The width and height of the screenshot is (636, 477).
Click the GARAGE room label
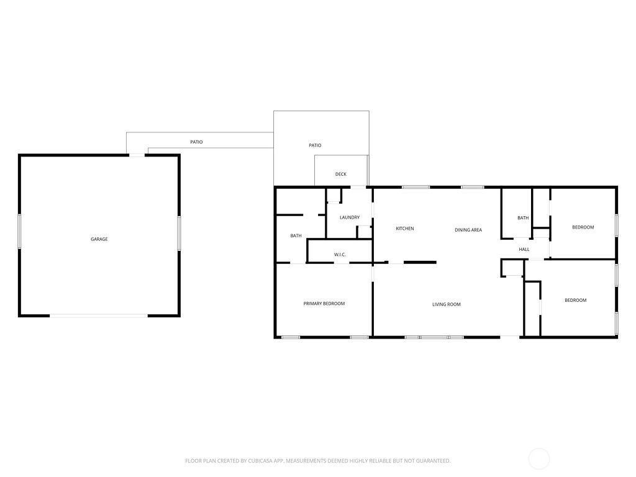(99, 239)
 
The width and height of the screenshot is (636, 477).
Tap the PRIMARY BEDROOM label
(324, 303)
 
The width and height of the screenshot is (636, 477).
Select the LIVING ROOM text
(446, 304)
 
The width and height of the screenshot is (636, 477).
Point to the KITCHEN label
(405, 229)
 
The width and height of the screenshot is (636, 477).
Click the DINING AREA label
(468, 230)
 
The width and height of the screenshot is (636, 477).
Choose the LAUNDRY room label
(350, 217)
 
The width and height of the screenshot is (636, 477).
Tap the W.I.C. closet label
(340, 255)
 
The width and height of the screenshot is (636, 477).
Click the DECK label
(341, 174)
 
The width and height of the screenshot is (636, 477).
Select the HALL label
(524, 250)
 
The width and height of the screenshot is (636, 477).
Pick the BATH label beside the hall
(523, 218)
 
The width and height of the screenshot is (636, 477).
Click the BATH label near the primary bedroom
(296, 235)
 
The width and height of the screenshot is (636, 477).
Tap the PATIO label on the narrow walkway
(196, 142)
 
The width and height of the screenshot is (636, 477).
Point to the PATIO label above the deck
(315, 145)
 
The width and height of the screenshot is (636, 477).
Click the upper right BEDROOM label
(583, 227)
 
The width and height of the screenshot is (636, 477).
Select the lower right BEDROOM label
(576, 300)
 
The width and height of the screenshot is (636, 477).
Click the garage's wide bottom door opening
(99, 315)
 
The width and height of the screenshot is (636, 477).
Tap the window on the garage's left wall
(19, 231)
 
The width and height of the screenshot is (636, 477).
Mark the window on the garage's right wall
(179, 234)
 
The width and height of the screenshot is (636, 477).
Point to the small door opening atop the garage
(137, 155)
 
